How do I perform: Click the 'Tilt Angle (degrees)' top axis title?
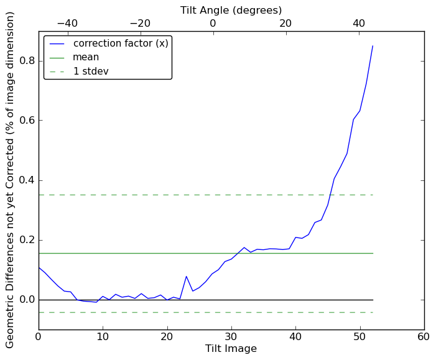point(231,10)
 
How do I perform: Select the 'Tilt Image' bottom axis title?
point(231,349)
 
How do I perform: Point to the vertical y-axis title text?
point(11,180)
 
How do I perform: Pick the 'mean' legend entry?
point(86,57)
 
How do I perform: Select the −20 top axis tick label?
point(140,24)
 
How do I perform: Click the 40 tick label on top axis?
point(359,24)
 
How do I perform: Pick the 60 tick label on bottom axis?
point(424,337)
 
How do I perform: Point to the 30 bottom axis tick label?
point(231,337)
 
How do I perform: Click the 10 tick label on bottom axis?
point(103,337)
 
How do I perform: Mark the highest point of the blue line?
point(373,46)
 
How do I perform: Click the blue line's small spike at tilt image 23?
point(187,276)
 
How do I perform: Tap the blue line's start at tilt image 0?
point(39,267)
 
